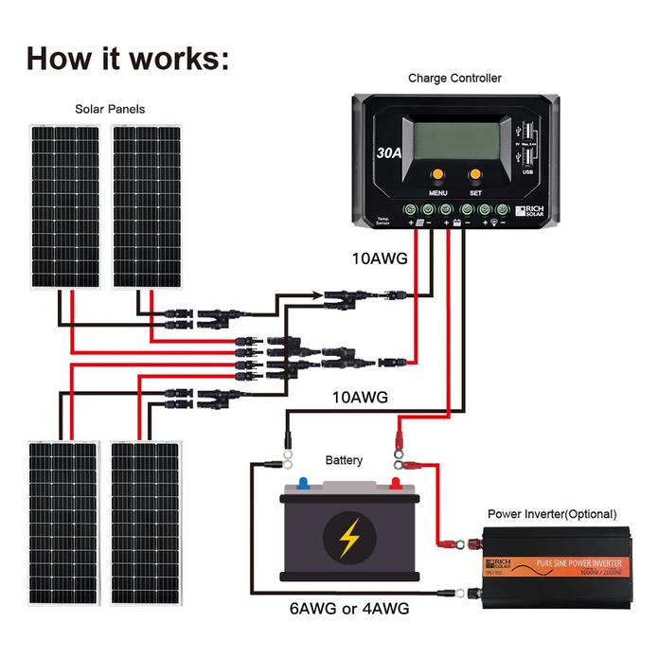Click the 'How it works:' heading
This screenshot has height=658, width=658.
128,57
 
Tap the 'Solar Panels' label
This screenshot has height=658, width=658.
110,110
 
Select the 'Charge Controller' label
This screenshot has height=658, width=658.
454,79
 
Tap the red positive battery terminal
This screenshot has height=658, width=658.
396,483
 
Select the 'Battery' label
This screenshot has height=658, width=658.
344,460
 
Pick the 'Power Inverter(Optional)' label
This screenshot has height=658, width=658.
551,514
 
